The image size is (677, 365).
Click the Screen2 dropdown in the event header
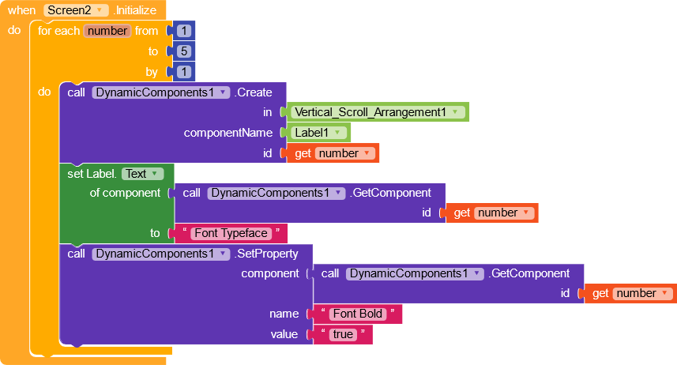coord(75,10)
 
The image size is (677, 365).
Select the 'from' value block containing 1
coord(184,31)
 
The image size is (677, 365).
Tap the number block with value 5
coord(184,51)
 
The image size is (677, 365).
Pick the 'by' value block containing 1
coord(184,72)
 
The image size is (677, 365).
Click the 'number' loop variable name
coord(107,31)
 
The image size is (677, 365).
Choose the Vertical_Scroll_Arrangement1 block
coord(379,112)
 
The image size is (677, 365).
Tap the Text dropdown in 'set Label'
coord(143,174)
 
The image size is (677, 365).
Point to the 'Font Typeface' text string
coord(231,233)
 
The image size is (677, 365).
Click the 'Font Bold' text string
coord(358,314)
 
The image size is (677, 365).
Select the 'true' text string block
coord(343,334)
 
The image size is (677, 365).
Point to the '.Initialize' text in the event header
coord(138,10)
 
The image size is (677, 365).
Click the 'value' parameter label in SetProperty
coord(284,334)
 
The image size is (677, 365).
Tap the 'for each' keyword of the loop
coord(59,31)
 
